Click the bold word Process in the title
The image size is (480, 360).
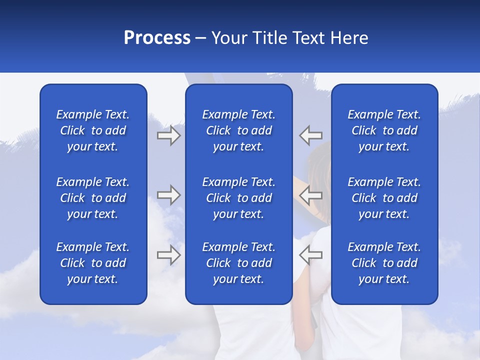pos(157,38)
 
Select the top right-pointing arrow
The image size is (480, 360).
pos(169,135)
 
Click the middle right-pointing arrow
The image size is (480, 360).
pos(169,195)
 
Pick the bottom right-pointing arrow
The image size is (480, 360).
pos(169,255)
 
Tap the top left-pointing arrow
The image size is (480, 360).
pos(310,135)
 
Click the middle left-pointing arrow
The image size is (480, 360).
pos(310,195)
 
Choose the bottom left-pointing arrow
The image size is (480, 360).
pos(310,255)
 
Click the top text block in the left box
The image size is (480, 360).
pos(93,130)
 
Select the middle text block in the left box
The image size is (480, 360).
pos(93,198)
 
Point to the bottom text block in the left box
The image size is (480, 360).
pos(93,263)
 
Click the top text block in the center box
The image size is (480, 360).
pos(239,130)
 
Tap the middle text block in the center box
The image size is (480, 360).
pos(239,198)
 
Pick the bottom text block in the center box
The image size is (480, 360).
pos(239,263)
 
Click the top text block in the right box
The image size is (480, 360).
pos(384,130)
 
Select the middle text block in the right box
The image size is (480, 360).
pos(384,198)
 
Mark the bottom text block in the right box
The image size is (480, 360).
pos(384,263)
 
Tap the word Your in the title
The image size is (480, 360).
pos(229,38)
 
